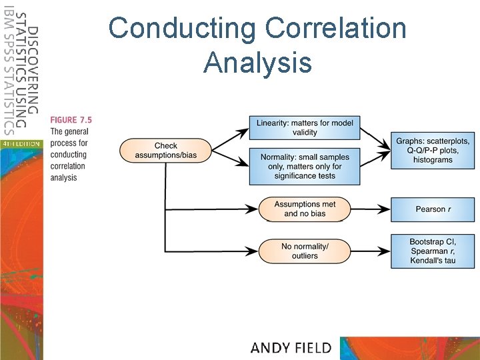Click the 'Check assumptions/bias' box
166,151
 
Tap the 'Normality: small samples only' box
305,166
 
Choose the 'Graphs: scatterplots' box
433,150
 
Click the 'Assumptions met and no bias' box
305,209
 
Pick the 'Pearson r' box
433,209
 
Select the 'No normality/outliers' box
305,251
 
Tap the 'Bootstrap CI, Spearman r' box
433,250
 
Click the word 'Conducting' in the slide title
180,29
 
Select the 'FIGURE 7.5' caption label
71,120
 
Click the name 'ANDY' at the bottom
272,347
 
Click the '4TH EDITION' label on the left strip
21,143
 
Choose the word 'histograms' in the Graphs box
433,160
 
